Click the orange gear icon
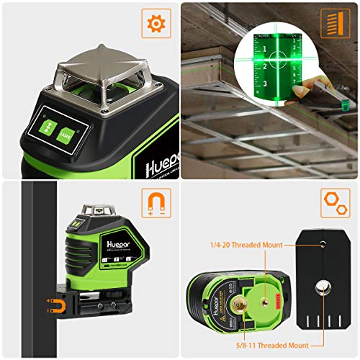point(156,23)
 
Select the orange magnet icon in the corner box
point(156,203)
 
